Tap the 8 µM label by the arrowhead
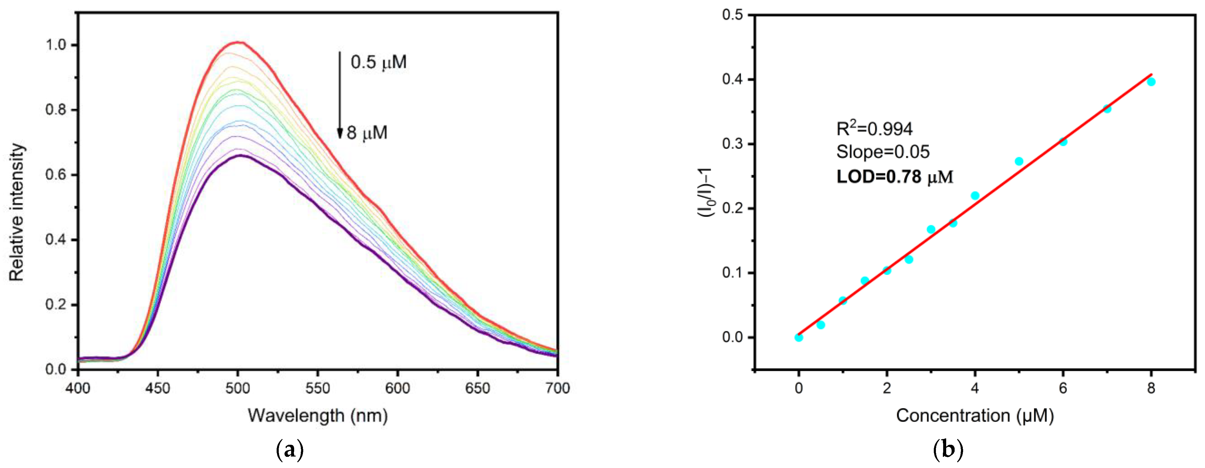pos(367,133)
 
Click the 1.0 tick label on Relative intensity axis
pos(56,45)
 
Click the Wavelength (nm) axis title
pos(318,415)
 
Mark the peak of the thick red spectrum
pos(238,43)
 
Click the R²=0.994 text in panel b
pos(874,129)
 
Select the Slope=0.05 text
pos(883,152)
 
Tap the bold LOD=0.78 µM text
pos(895,177)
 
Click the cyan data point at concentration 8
pos(1151,82)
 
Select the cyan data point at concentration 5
pos(1019,161)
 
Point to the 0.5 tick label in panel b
pos(733,15)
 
